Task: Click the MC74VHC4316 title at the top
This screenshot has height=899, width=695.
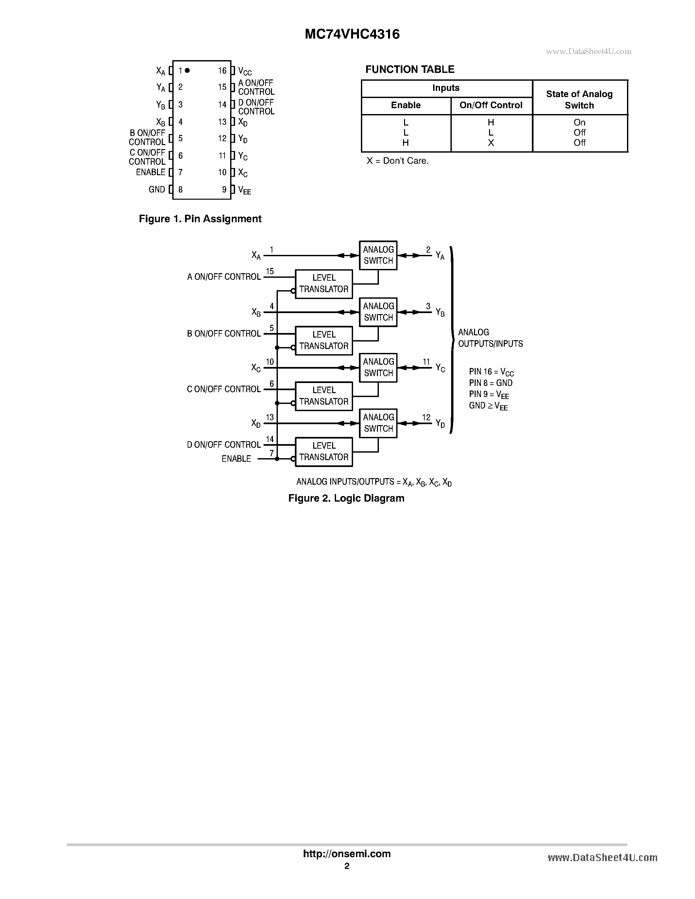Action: (x=352, y=34)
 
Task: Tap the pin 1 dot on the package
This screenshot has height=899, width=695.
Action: (x=187, y=70)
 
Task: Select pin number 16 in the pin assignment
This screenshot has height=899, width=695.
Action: (x=222, y=71)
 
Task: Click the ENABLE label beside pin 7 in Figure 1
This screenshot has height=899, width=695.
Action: (x=150, y=172)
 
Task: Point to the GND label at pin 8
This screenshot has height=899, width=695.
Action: (x=157, y=189)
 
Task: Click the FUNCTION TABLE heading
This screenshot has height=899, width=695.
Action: (x=410, y=69)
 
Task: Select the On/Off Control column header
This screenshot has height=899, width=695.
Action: (x=491, y=105)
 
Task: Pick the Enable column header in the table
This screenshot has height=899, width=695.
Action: (x=406, y=105)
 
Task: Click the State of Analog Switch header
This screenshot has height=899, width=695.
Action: (x=579, y=100)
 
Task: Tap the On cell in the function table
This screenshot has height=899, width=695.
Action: (x=579, y=122)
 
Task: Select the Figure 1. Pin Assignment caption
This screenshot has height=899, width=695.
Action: (x=200, y=219)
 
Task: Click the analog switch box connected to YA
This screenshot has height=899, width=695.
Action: (x=378, y=255)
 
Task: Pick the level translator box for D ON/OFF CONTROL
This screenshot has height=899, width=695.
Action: (x=324, y=452)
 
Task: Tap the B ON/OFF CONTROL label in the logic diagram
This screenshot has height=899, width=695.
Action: (x=224, y=333)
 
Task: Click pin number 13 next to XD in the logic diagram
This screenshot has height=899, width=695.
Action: (x=270, y=417)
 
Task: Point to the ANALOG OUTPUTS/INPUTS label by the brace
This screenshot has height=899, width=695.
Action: (x=490, y=338)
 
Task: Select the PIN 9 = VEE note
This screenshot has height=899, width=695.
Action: (x=489, y=395)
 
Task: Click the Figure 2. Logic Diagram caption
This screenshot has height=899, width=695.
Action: (x=346, y=498)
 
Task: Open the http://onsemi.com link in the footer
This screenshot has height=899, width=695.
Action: (x=347, y=854)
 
